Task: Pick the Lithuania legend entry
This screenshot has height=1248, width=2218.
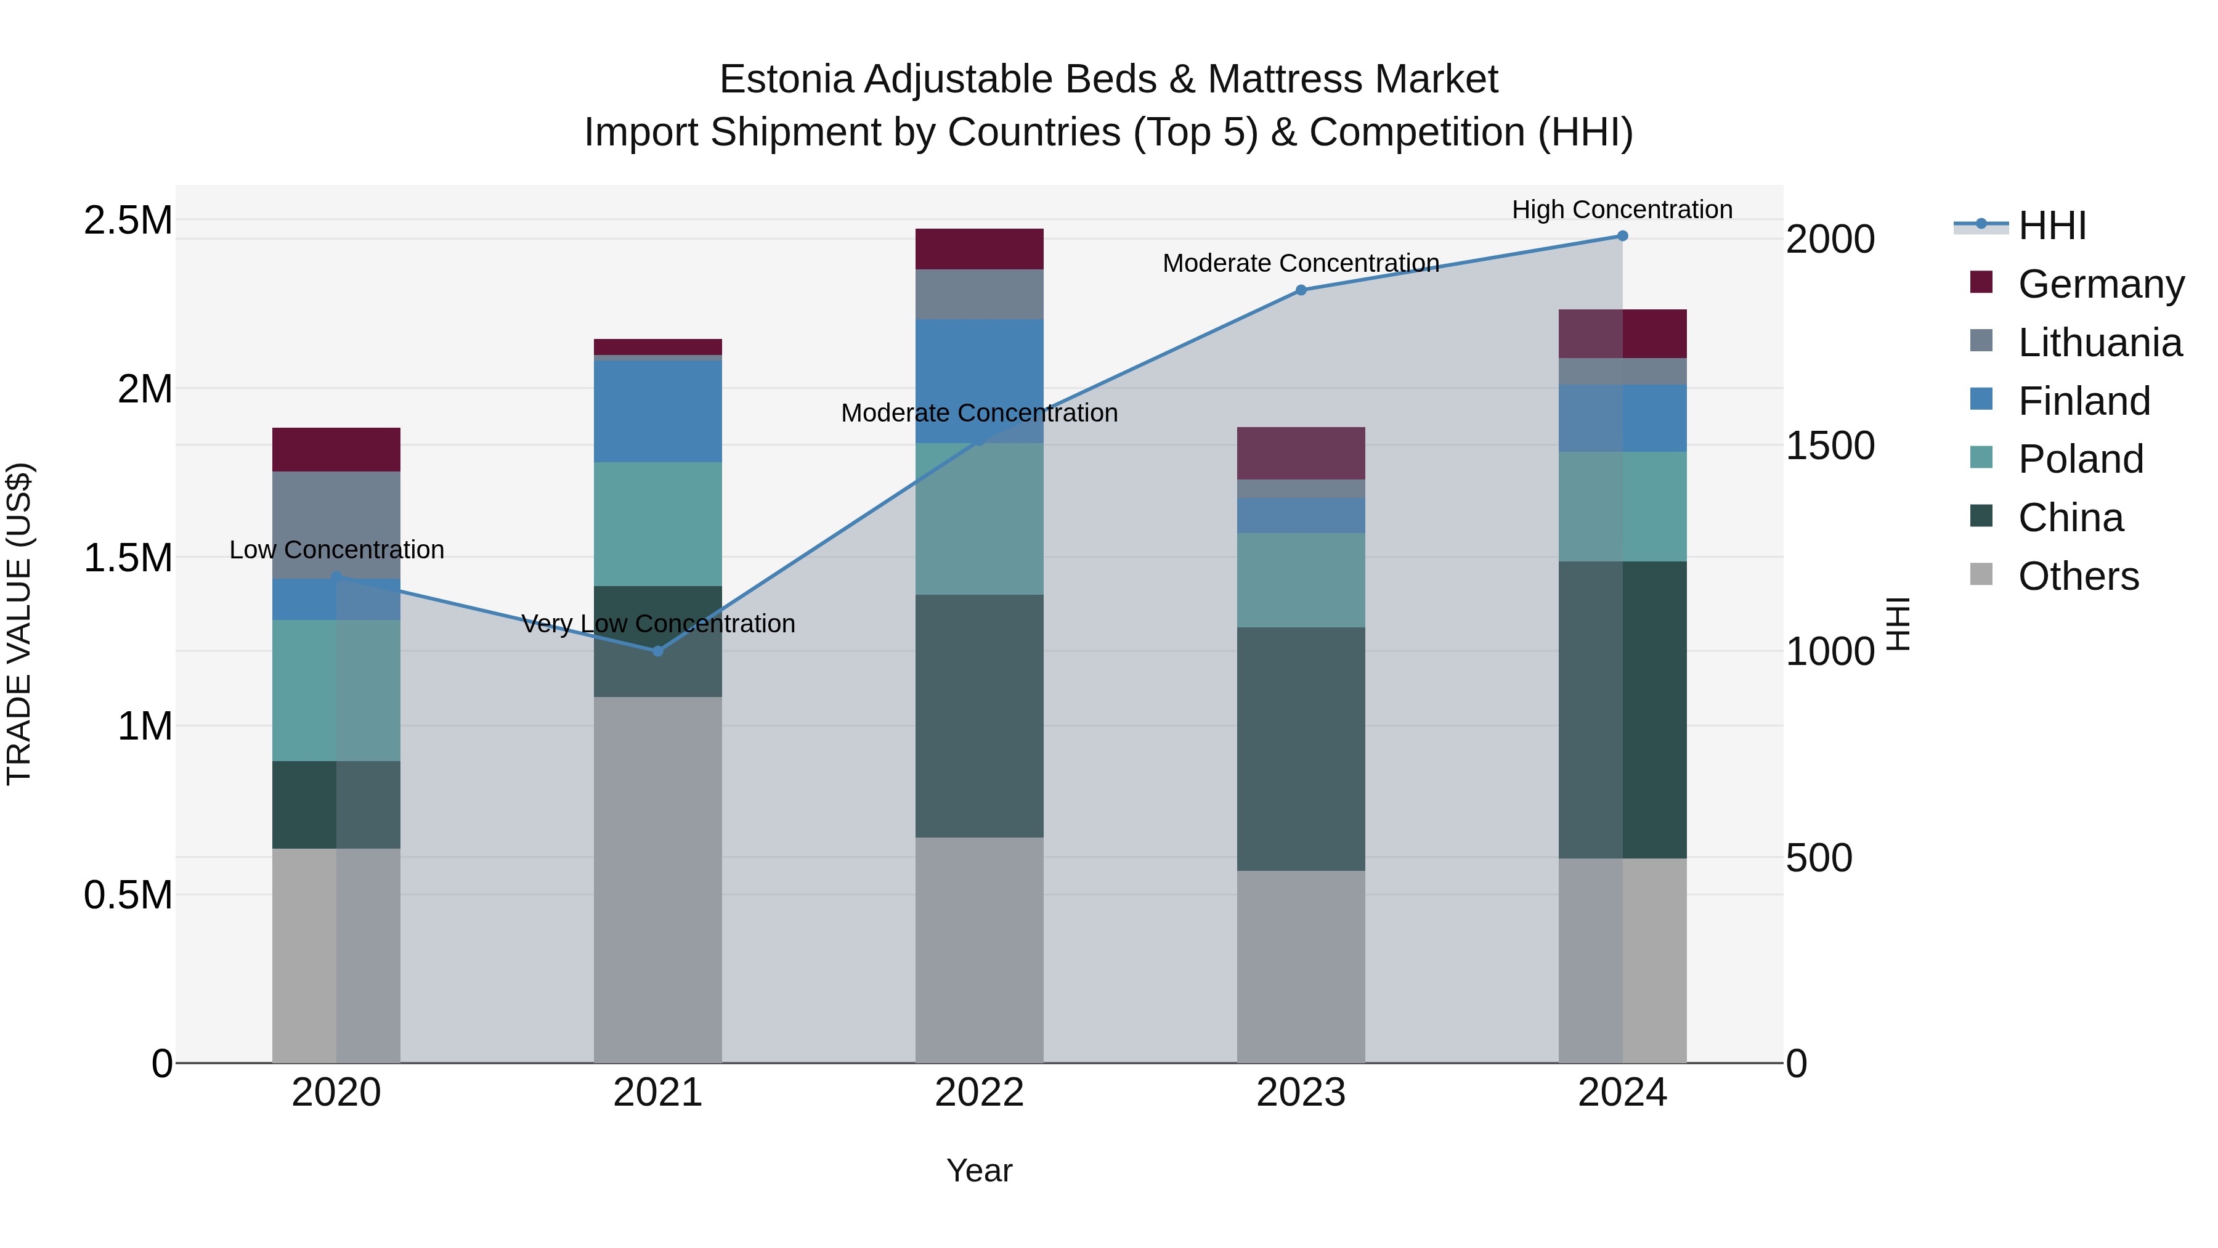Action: (2099, 343)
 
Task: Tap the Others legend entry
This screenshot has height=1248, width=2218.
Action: (2077, 576)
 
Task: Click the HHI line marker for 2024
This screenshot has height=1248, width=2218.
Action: (1622, 236)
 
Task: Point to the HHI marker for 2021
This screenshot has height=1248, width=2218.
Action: (658, 651)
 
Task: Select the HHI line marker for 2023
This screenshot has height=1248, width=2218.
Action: (1301, 290)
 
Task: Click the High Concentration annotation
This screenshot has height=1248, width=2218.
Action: (1622, 210)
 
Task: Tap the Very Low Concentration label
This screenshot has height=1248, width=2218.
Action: (658, 624)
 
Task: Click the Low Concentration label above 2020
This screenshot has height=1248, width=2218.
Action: (336, 550)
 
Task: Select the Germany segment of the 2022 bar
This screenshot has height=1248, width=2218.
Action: (979, 249)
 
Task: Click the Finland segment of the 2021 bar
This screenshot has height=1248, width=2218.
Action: (658, 411)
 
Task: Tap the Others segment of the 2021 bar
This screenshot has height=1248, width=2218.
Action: (658, 878)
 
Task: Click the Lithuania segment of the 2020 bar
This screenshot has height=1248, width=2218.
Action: (336, 524)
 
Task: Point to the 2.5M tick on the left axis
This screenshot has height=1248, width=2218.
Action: (128, 221)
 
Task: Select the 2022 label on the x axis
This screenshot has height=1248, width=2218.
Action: (979, 1093)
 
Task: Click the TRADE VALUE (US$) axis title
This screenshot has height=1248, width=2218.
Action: (19, 624)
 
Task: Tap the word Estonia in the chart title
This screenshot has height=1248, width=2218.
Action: (786, 80)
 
